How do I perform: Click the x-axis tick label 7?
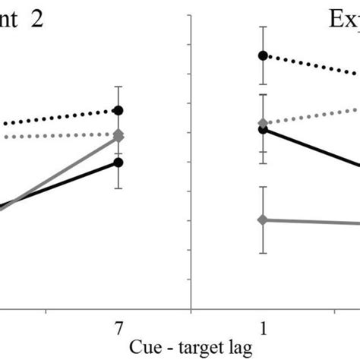pyautogui.click(x=118, y=328)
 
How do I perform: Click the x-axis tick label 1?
pyautogui.click(x=263, y=328)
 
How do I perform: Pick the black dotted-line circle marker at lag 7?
pyautogui.click(x=118, y=111)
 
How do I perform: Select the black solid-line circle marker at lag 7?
pyautogui.click(x=118, y=162)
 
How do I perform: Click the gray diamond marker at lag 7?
pyautogui.click(x=118, y=136)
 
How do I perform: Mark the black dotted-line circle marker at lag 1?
pyautogui.click(x=263, y=55)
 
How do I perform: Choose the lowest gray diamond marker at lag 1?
pyautogui.click(x=263, y=220)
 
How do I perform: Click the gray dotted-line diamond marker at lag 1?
pyautogui.click(x=263, y=123)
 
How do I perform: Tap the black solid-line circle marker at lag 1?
pyautogui.click(x=263, y=130)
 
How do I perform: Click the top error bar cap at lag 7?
pyautogui.click(x=118, y=87)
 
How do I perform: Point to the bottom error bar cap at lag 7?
pyautogui.click(x=118, y=188)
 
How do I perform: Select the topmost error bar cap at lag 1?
pyautogui.click(x=263, y=27)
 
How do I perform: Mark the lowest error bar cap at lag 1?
pyautogui.click(x=263, y=254)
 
